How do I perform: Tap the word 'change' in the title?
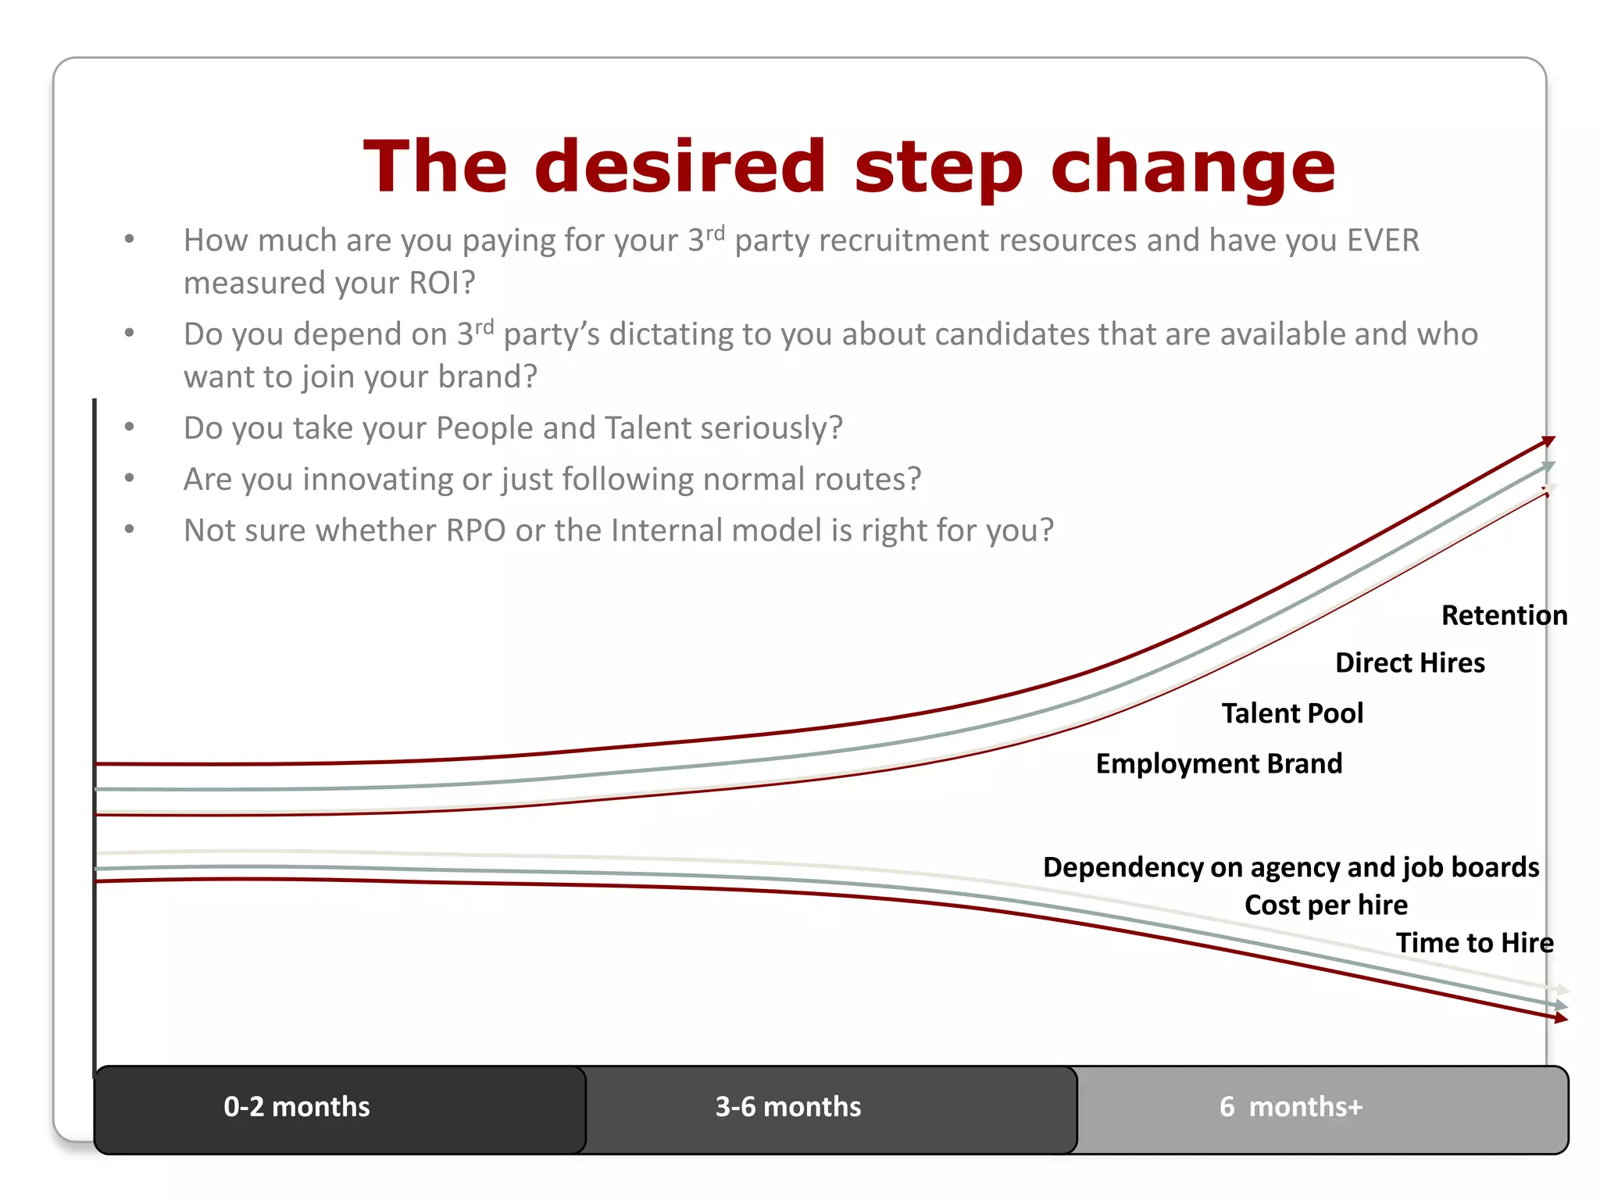click(x=1193, y=168)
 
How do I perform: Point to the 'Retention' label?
click(x=1504, y=616)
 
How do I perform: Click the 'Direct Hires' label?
click(x=1409, y=663)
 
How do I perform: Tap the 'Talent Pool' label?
click(x=1292, y=713)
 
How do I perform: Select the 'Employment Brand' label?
click(x=1219, y=763)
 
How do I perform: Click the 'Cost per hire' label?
click(x=1326, y=905)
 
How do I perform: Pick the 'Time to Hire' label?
click(x=1474, y=943)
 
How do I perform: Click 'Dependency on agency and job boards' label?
click(x=1291, y=867)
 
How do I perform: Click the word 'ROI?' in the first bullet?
click(x=441, y=283)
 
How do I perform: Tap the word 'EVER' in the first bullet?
click(x=1383, y=241)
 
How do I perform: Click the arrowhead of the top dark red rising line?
click(x=1548, y=441)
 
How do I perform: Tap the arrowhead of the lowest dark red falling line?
click(x=1560, y=1018)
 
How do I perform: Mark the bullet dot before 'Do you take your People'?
click(x=130, y=427)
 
